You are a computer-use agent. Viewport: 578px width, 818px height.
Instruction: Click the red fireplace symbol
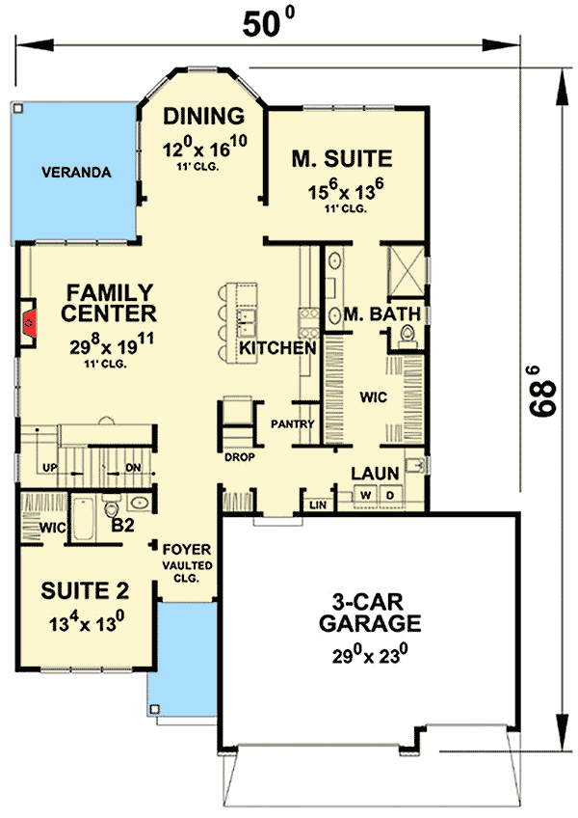tap(29, 322)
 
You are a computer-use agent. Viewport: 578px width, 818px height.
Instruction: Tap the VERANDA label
tap(77, 174)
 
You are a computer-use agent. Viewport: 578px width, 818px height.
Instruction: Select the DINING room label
tap(203, 118)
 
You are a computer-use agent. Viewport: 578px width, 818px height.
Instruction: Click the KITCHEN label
tap(277, 347)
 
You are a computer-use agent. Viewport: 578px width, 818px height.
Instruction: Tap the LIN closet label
tap(316, 504)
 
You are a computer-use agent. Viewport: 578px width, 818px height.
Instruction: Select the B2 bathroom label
tap(122, 525)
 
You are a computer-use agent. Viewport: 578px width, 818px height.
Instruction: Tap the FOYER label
tap(180, 548)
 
